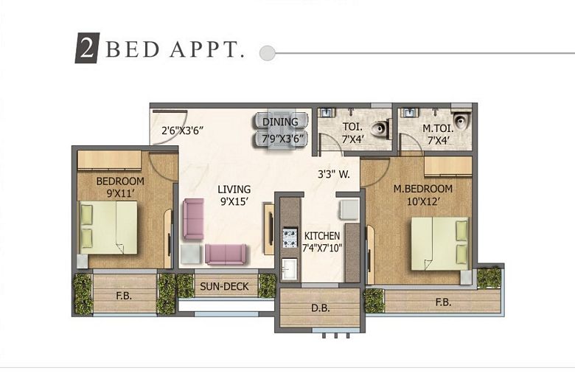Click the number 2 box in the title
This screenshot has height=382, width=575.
click(86, 48)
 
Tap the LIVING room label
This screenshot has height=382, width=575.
click(234, 190)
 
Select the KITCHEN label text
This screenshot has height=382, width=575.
click(322, 236)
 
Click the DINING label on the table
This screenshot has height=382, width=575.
click(280, 122)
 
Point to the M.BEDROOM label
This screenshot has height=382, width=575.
click(422, 189)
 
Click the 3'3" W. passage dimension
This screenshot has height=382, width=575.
click(333, 176)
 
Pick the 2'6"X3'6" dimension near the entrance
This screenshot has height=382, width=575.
click(182, 131)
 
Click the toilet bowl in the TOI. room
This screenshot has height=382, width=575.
click(380, 130)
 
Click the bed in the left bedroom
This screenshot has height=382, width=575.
click(108, 227)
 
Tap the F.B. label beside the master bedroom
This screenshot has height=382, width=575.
click(443, 302)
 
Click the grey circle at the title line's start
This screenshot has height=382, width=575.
click(268, 53)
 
